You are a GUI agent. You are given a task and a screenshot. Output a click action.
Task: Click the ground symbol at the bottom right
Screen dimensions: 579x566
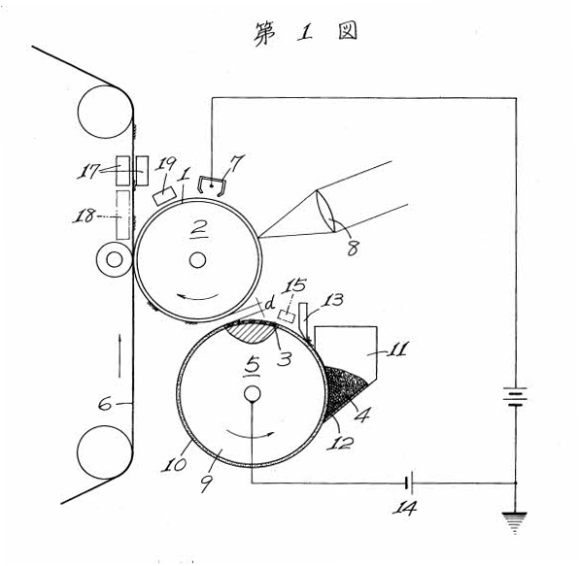pos(514,522)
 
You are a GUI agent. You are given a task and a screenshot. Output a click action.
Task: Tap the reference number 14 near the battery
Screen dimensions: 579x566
pos(404,508)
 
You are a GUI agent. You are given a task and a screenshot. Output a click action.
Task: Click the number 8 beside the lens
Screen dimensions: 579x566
pos(353,248)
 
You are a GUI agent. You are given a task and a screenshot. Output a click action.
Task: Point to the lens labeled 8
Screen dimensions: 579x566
pos(325,211)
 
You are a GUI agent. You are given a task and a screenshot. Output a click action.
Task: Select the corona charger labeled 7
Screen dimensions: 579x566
pos(212,185)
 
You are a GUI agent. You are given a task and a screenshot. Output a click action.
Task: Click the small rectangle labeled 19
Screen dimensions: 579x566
pos(164,195)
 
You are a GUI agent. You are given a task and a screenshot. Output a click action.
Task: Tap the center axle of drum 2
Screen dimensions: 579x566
pos(197,260)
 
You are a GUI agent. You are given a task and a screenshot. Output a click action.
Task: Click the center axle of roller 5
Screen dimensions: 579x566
pos(253,394)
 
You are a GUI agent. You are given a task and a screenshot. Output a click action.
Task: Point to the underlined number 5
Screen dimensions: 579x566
pos(253,366)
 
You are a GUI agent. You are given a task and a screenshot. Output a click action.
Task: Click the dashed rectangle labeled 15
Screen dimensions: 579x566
pos(287,316)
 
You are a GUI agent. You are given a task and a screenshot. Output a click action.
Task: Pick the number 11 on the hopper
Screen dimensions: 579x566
pos(397,349)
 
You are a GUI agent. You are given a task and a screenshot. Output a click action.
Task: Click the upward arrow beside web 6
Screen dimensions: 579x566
pos(119,355)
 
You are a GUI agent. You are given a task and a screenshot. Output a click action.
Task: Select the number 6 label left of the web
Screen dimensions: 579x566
pos(105,404)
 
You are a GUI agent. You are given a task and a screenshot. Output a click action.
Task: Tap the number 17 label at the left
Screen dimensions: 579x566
pos(87,171)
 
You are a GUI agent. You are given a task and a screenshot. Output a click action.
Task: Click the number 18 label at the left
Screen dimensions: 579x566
pos(84,216)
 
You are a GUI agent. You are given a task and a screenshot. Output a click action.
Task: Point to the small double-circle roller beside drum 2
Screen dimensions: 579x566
pos(115,260)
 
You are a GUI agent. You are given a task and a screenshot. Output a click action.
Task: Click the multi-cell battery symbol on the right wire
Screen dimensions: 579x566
pos(516,396)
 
